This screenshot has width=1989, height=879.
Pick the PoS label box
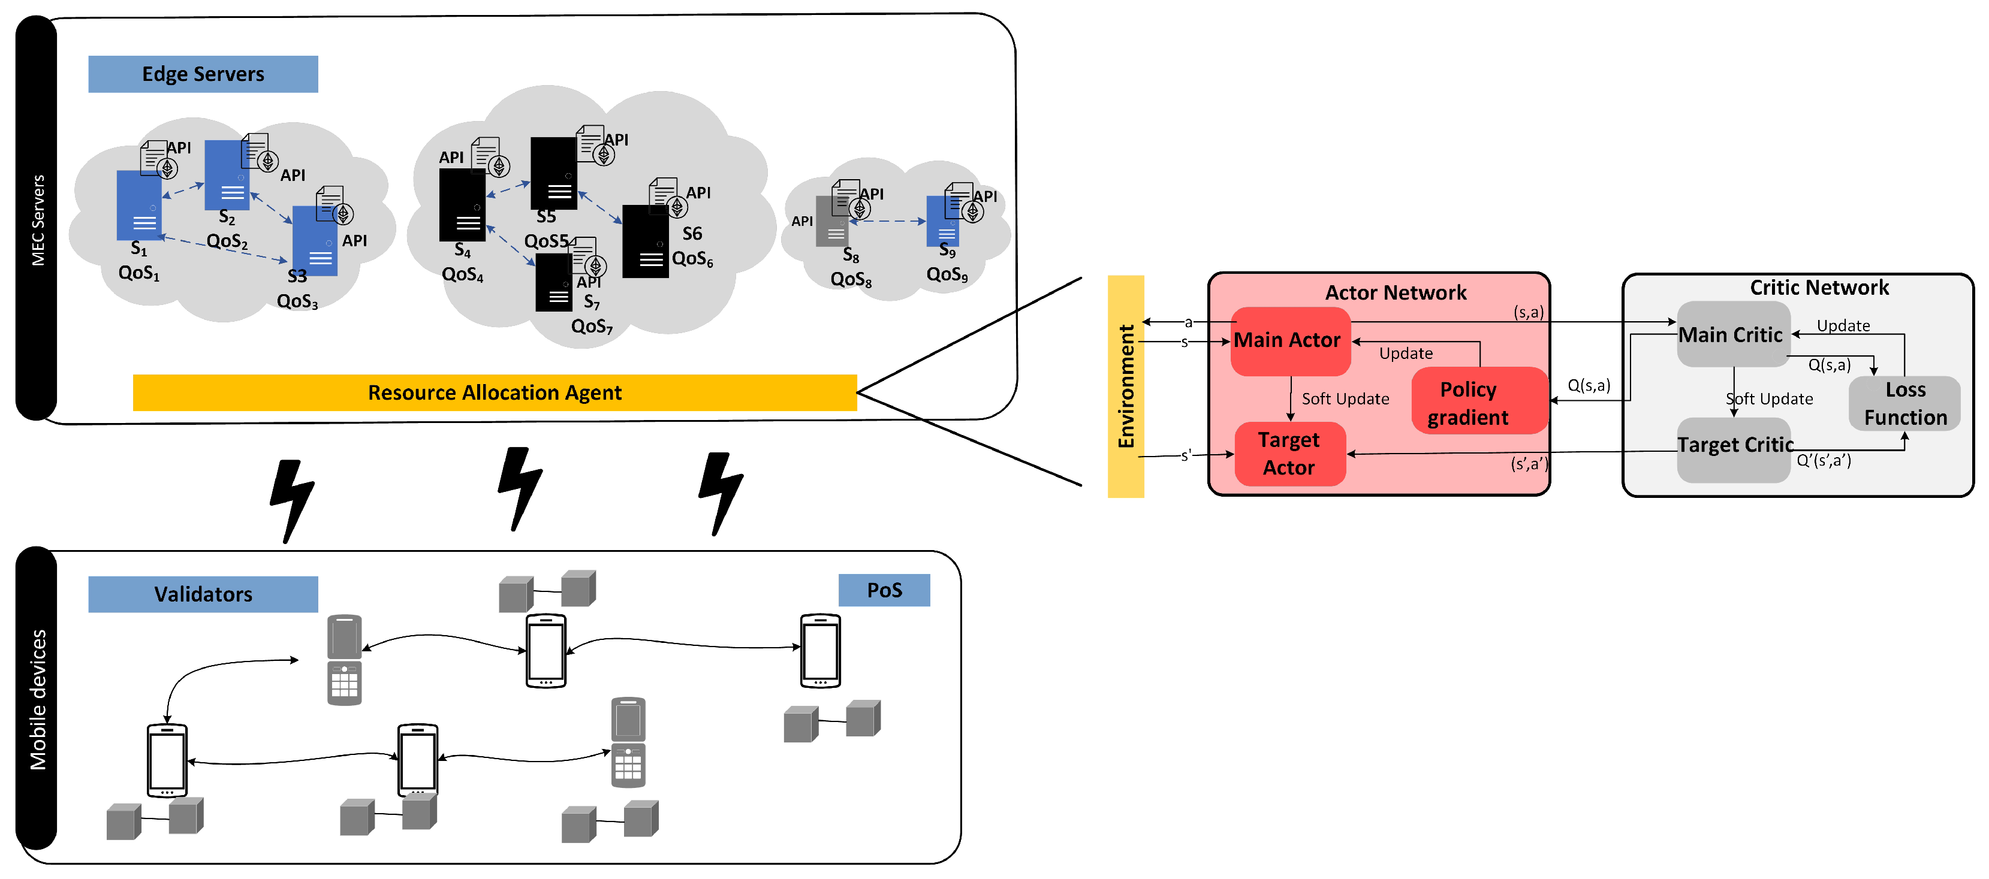pyautogui.click(x=884, y=590)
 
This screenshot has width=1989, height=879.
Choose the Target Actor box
pyautogui.click(x=1289, y=454)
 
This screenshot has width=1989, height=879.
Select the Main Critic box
pyautogui.click(x=1732, y=334)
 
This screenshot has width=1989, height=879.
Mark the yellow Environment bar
pyautogui.click(x=1125, y=386)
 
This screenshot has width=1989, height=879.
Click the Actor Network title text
pyautogui.click(x=1395, y=292)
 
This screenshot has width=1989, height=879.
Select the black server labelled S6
pyautogui.click(x=645, y=241)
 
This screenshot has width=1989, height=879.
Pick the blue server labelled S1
pyautogui.click(x=138, y=206)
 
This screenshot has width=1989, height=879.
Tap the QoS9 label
pyautogui.click(x=946, y=275)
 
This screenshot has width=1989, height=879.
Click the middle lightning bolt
pyautogui.click(x=519, y=488)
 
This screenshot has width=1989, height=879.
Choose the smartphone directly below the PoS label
pyautogui.click(x=819, y=651)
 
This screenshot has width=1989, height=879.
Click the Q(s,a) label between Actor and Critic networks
pyautogui.click(x=1589, y=385)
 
